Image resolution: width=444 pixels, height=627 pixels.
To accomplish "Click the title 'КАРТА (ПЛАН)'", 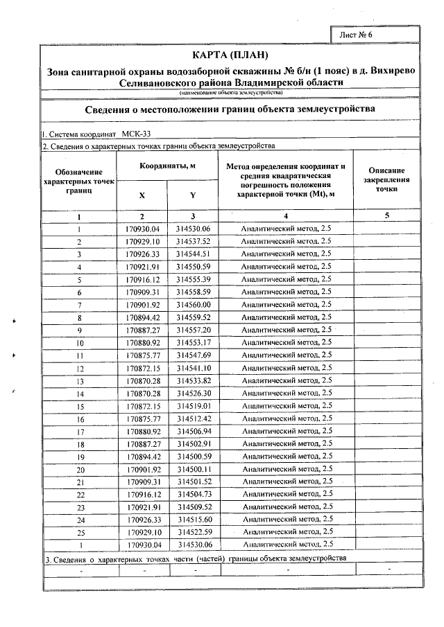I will [229, 55].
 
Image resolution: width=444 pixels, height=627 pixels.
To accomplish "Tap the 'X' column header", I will [142, 195].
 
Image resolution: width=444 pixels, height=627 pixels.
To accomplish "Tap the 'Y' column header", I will [192, 195].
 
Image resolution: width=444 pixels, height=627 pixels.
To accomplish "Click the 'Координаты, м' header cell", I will [167, 166].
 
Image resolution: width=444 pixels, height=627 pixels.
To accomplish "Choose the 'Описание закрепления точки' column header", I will [386, 179].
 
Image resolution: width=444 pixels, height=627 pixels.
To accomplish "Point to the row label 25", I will [80, 531].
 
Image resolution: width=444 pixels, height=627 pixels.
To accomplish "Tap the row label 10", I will [80, 343].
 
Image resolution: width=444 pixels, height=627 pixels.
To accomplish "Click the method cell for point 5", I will [286, 280].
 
